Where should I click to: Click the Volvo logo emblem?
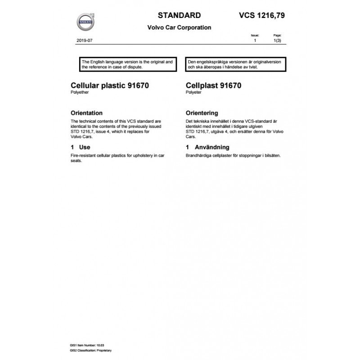pos(85,22)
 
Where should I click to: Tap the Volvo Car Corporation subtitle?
pos(179,27)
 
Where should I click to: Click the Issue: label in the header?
pos(255,35)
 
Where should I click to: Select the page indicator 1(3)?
pos(278,40)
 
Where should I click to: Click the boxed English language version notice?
pos(128,63)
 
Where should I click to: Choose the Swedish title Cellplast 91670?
pos(213,85)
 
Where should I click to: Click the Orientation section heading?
pos(87,113)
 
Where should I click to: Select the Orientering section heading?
pos(202,113)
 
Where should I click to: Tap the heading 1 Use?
pos(81,147)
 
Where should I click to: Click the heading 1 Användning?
pos(207,147)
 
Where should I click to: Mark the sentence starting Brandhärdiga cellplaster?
pos(233,155)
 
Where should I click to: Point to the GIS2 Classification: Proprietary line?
pos(91,350)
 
